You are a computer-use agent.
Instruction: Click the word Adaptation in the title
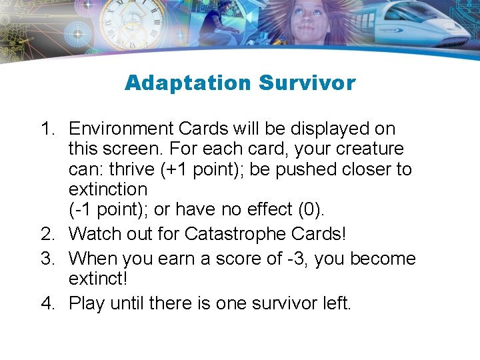187,83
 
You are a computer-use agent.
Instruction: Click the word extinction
108,190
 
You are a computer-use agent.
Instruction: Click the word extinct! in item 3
101,279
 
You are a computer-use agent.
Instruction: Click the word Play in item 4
87,303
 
